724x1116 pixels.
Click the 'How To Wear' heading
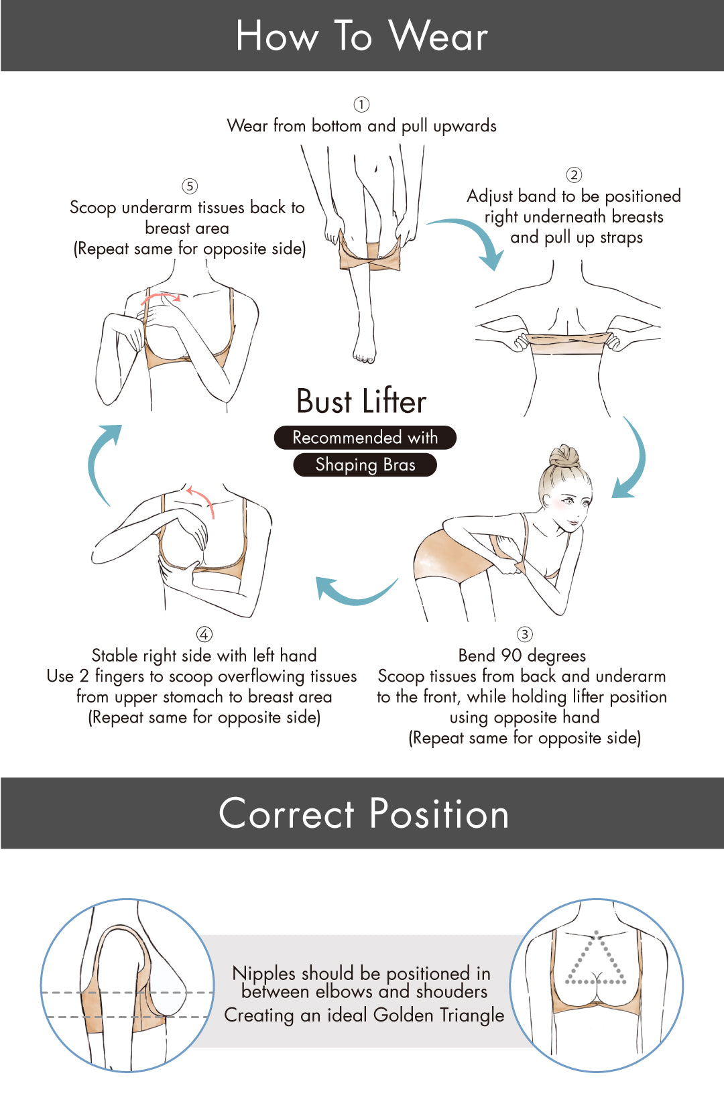coord(362,36)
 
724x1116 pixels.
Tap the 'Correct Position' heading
coord(364,813)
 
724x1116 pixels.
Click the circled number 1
coord(361,105)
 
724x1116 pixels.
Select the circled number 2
coord(574,175)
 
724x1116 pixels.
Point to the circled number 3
coord(524,634)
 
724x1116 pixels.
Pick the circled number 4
coord(204,634)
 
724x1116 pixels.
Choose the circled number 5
coord(189,186)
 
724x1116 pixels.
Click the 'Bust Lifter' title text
coord(362,401)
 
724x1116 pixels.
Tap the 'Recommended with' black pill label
coord(365,438)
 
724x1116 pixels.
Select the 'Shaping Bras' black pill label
coord(365,465)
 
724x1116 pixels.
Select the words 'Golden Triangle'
coord(438,1015)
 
